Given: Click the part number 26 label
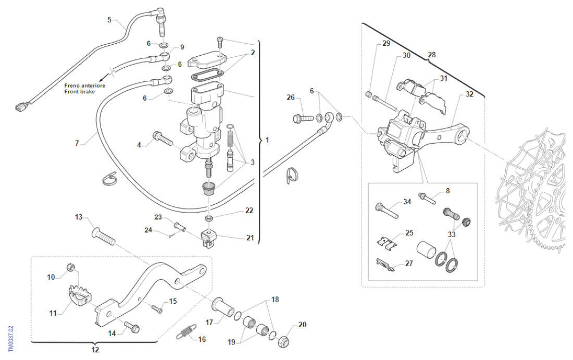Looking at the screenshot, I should (x=290, y=97).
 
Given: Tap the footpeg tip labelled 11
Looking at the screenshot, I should (x=80, y=295).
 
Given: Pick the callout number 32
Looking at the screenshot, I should (x=469, y=94).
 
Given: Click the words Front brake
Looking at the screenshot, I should (x=78, y=92).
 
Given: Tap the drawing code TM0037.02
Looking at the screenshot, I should (x=10, y=338).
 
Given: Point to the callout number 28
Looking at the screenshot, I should (x=431, y=54).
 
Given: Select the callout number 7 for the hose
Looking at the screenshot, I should (x=77, y=143).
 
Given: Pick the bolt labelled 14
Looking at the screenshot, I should (x=131, y=328).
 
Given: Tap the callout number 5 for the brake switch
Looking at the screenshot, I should (x=109, y=20).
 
